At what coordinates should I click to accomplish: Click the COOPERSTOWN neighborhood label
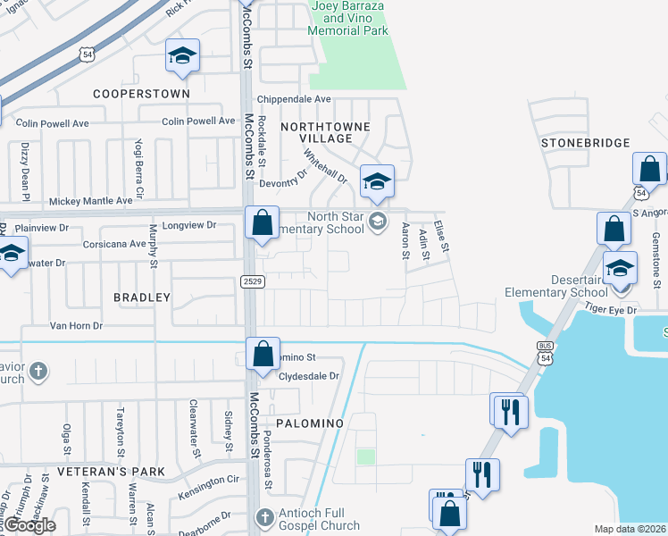point(142,93)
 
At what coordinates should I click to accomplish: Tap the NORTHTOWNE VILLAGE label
point(325,132)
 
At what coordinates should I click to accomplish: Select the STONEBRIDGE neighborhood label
point(586,143)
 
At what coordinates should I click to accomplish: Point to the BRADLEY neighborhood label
point(142,297)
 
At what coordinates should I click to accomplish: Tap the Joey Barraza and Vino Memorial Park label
point(348,18)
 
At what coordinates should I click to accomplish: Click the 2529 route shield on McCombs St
point(251,281)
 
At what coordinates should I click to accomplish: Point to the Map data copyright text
point(630,529)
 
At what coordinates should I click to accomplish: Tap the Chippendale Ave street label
point(294,99)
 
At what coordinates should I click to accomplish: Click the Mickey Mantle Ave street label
point(90,201)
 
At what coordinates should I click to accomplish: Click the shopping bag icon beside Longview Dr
point(262,223)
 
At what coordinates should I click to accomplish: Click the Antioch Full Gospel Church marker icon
point(263,517)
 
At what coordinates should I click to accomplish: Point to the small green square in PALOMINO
point(365,456)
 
